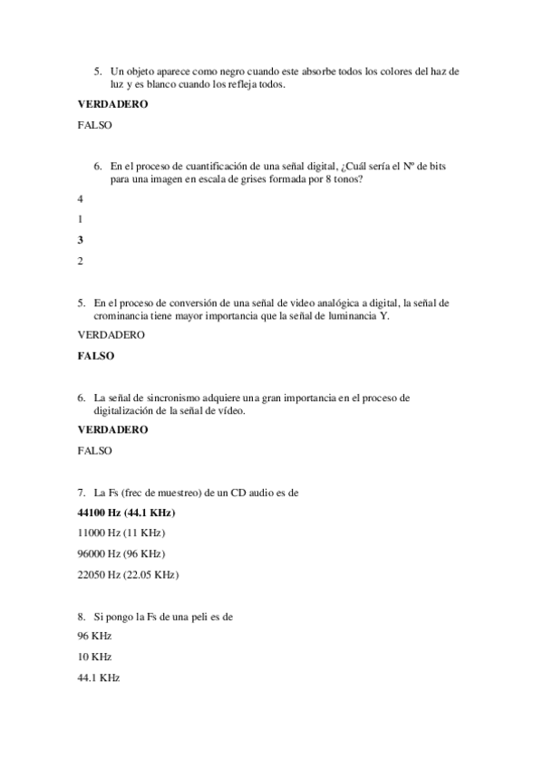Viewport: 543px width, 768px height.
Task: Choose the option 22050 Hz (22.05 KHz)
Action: point(128,574)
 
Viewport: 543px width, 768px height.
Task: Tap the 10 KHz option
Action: point(95,657)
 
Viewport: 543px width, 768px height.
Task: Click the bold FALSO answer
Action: point(96,356)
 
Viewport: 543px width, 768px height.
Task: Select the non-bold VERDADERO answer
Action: point(112,335)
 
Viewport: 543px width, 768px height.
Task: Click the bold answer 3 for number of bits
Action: point(81,240)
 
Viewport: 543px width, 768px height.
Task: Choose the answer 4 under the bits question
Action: point(81,198)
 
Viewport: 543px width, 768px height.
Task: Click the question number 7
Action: point(82,493)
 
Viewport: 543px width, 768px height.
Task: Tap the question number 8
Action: point(82,616)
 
